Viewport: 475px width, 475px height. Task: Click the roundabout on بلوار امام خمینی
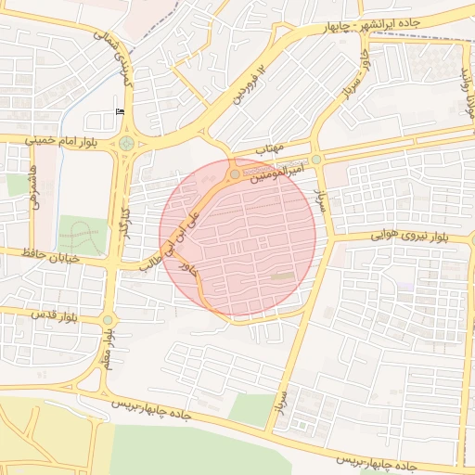click(126, 143)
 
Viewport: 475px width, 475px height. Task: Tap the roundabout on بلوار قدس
click(108, 320)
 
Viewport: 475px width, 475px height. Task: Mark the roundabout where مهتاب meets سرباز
click(316, 160)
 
